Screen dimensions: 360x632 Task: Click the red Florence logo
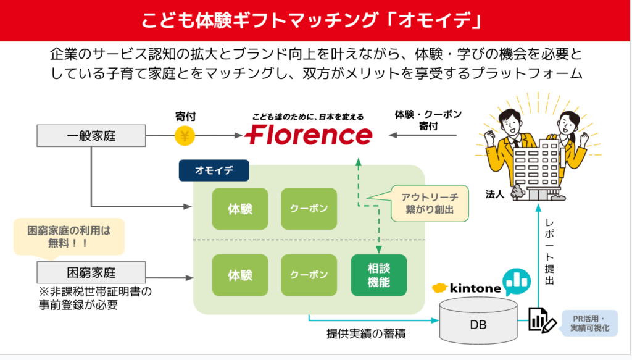point(309,135)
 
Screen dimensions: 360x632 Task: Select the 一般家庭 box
point(91,135)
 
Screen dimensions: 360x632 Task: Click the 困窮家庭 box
point(91,273)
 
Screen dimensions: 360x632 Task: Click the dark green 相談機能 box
point(378,275)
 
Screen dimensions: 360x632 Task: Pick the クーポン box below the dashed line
point(309,275)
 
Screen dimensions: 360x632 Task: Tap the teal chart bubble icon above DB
point(517,282)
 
